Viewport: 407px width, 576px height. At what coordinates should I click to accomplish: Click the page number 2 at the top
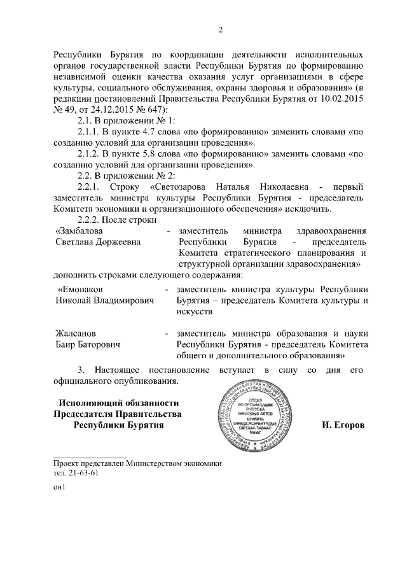[x=221, y=29]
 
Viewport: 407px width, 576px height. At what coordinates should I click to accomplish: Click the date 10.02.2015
[x=343, y=99]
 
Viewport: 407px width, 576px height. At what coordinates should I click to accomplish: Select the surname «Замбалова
[x=80, y=230]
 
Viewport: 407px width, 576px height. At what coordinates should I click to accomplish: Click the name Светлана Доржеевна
[x=98, y=242]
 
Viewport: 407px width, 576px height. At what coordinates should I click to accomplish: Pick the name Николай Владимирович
[x=105, y=300]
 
